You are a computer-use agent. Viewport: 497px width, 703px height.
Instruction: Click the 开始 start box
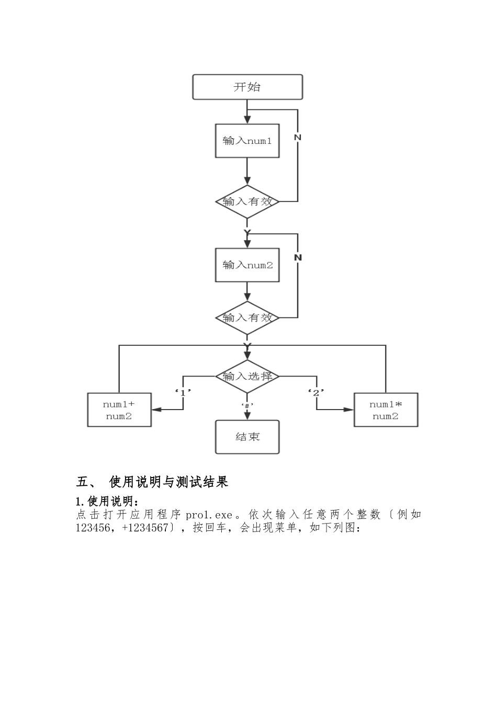[x=247, y=87]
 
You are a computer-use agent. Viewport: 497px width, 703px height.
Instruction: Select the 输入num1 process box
[x=247, y=141]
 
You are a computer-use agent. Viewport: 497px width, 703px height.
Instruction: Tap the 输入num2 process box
[x=247, y=265]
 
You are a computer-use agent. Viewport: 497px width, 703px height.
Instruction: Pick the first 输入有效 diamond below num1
[x=247, y=201]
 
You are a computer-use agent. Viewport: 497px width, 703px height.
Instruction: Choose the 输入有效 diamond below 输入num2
[x=247, y=318]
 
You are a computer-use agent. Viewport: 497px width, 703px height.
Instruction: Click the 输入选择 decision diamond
[x=247, y=376]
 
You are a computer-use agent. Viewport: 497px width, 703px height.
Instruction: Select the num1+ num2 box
[x=119, y=410]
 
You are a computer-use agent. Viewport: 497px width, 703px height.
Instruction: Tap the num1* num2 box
[x=386, y=410]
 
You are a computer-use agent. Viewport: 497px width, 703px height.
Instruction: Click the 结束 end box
[x=247, y=437]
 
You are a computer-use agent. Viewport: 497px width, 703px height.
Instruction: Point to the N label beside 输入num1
[x=298, y=137]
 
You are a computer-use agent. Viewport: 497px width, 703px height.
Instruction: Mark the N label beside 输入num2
[x=298, y=257]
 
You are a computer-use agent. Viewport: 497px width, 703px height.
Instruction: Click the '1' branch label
[x=183, y=392]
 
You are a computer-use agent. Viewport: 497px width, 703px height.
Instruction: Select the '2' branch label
[x=315, y=392]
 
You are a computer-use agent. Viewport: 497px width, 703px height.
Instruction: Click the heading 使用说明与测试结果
[x=168, y=482]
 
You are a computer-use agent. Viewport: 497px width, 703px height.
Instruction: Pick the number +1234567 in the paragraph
[x=145, y=528]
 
